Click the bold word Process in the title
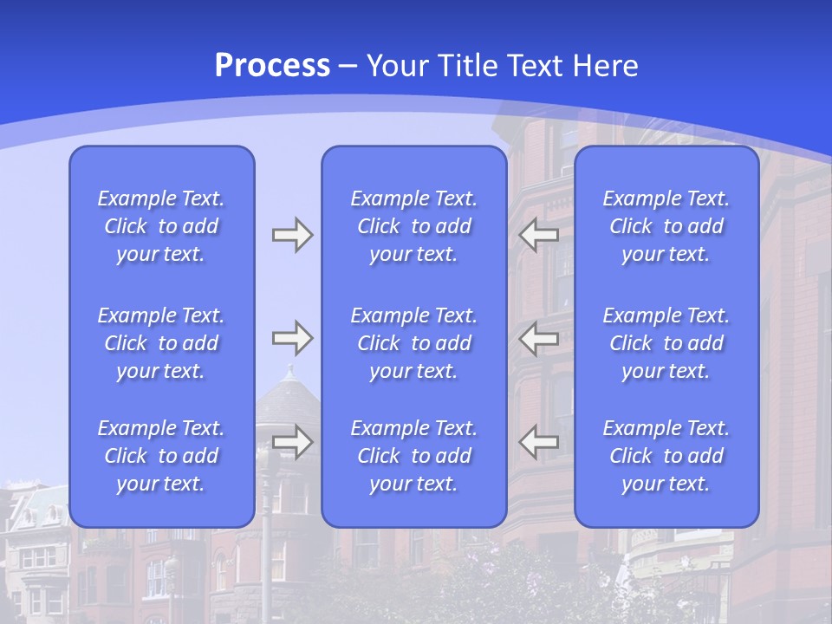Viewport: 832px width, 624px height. click(x=272, y=66)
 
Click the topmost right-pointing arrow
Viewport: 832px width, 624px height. click(x=292, y=235)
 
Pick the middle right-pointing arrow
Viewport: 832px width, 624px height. click(x=292, y=337)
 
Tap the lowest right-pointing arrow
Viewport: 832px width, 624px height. click(x=292, y=442)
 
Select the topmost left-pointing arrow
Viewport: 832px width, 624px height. click(x=539, y=235)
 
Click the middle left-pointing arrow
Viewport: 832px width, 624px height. click(x=539, y=337)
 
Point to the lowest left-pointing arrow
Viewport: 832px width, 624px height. click(x=539, y=442)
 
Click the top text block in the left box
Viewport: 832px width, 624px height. click(x=161, y=226)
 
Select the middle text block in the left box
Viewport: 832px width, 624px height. click(x=161, y=343)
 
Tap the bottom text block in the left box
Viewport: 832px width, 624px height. click(x=161, y=456)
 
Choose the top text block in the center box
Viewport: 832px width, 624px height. click(x=413, y=226)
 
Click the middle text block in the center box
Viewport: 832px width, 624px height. click(x=413, y=343)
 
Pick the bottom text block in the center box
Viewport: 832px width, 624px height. click(x=413, y=456)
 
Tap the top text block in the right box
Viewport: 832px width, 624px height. click(x=666, y=226)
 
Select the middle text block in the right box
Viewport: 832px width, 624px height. click(x=666, y=343)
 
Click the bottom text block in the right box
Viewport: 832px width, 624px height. click(x=666, y=456)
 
